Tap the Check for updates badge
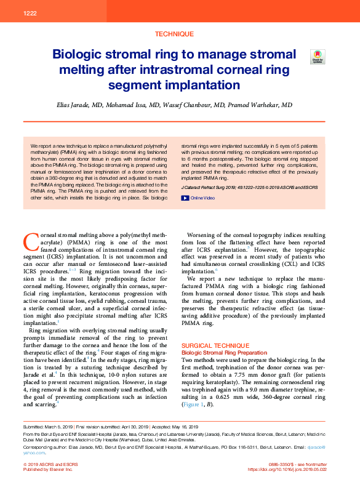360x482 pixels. (x=318, y=57)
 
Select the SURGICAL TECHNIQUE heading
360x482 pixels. (x=209, y=345)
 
